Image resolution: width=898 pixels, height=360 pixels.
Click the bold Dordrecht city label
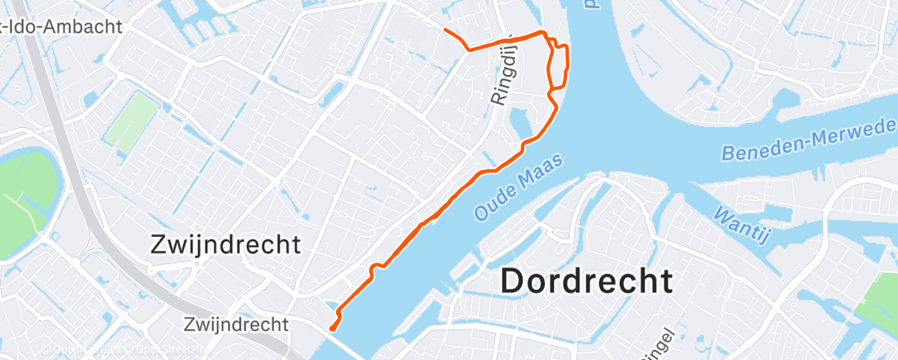[586, 282]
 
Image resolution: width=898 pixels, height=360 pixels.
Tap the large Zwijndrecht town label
[225, 244]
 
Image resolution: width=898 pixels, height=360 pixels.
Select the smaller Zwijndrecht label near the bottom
[236, 323]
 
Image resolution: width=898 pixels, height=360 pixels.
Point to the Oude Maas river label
[518, 186]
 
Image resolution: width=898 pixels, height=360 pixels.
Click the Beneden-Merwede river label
[807, 140]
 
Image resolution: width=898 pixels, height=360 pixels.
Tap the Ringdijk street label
[502, 73]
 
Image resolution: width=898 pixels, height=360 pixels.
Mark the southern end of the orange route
[332, 329]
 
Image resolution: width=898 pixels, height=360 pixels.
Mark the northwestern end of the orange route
[446, 30]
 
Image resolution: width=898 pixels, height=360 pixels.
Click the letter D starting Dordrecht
[513, 282]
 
